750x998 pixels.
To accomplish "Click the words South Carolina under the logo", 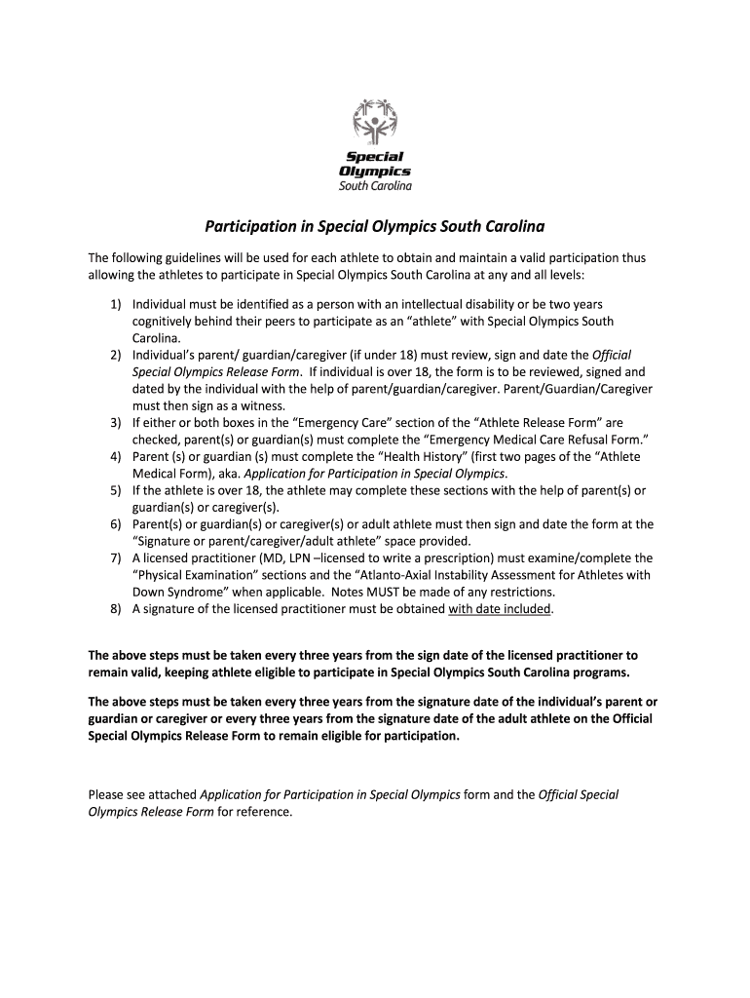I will [x=375, y=186].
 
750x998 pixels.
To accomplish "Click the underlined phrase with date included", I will [x=500, y=609].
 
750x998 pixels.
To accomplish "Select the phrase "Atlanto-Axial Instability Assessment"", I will [x=480, y=575].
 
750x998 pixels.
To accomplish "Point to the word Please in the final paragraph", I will [x=106, y=794].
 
